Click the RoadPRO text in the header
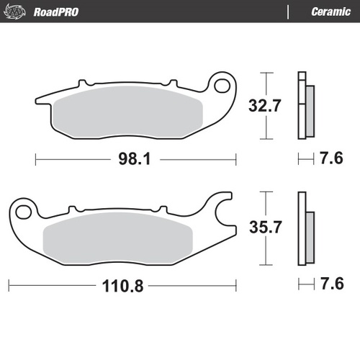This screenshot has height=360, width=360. pos(56,12)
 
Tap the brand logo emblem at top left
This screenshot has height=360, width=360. pos(17,11)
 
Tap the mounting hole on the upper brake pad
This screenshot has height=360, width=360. pos(224,86)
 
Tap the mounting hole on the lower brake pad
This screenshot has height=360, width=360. pos(26,211)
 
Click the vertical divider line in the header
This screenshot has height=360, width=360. pos(289,12)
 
